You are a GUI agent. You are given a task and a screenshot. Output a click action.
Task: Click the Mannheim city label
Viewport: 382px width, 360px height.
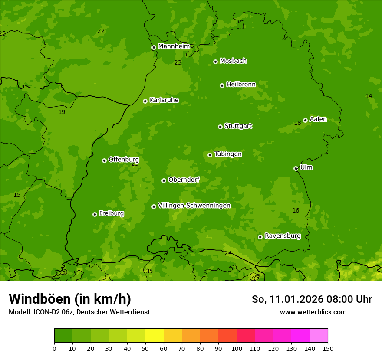click(x=174, y=46)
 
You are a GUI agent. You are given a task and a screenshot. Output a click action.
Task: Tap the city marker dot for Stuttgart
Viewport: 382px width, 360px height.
click(x=220, y=127)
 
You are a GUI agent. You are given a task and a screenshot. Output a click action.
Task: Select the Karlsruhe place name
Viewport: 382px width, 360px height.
click(x=164, y=100)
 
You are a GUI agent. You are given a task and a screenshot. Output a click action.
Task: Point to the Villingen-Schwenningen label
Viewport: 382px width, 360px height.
click(x=194, y=206)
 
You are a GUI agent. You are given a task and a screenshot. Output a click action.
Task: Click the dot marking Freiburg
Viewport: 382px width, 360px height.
click(x=95, y=214)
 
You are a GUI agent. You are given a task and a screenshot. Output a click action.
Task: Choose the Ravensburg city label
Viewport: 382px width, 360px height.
click(x=282, y=236)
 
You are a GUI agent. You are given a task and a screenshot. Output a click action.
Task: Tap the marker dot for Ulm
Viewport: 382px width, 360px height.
click(x=296, y=168)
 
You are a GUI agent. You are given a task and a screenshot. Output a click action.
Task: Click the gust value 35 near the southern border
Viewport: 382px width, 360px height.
click(x=149, y=271)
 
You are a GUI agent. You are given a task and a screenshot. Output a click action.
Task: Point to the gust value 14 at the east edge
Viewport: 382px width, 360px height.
click(x=369, y=96)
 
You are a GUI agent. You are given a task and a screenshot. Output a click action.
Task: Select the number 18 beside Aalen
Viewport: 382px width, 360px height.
click(x=297, y=123)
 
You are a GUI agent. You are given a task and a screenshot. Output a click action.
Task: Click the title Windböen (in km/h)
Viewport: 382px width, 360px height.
click(x=70, y=299)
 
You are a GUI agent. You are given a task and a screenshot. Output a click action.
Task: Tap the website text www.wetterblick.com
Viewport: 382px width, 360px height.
click(x=313, y=312)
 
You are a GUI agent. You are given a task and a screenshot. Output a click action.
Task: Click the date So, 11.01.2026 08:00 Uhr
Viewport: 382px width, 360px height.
click(x=312, y=299)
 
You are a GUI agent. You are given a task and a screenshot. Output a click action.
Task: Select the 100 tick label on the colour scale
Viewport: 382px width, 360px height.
click(x=237, y=349)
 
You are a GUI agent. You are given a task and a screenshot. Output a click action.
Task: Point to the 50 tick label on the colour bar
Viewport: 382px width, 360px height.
click(x=145, y=349)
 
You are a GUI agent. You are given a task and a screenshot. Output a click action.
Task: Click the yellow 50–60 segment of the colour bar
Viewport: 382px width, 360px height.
click(x=155, y=336)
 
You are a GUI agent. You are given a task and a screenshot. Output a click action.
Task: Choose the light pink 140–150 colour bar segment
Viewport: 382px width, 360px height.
click(x=319, y=336)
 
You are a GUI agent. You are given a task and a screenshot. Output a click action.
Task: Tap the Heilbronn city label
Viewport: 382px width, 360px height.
click(x=241, y=85)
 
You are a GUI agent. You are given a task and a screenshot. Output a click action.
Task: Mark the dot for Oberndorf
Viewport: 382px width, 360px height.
click(x=164, y=180)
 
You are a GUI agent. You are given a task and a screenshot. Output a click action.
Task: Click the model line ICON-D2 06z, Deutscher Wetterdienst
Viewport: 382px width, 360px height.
click(x=79, y=312)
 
